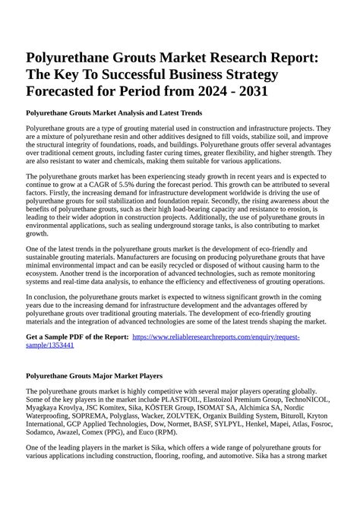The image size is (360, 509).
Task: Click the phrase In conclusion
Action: (49, 297)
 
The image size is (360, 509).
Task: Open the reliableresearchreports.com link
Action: (216, 337)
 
